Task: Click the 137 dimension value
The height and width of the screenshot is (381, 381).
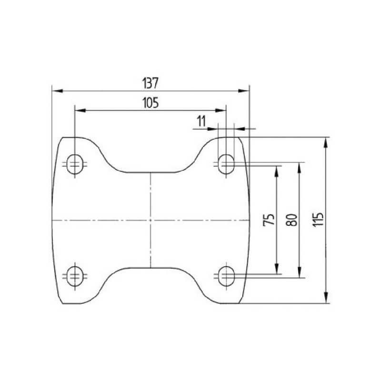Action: pos(150,83)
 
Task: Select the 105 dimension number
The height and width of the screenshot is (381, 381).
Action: pos(150,103)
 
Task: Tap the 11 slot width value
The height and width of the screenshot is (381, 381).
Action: pos(201,121)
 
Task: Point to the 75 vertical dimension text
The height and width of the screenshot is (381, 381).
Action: pos(269,220)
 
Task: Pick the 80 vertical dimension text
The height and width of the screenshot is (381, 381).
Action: pos(292,220)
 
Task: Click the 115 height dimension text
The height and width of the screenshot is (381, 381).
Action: pos(318,220)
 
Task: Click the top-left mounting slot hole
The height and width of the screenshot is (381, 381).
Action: pos(75,164)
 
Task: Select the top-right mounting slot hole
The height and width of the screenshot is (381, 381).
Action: pos(226,164)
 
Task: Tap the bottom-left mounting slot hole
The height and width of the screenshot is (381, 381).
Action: pos(75,276)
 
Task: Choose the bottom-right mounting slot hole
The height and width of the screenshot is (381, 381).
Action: pos(226,276)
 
